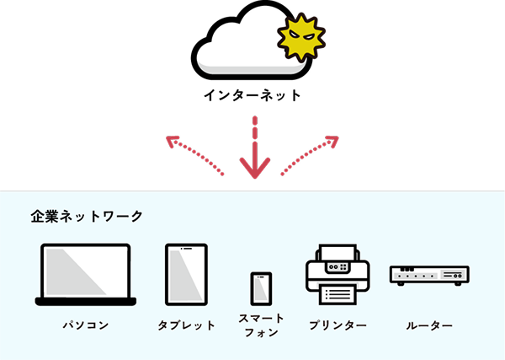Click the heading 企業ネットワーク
(x=87, y=216)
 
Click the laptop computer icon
(x=86, y=275)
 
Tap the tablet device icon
(x=186, y=275)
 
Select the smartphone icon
(x=261, y=289)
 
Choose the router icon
(x=429, y=275)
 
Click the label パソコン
(x=86, y=325)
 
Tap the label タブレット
(x=186, y=325)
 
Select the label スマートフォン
(x=261, y=325)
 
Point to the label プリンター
(x=338, y=325)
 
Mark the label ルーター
(x=429, y=325)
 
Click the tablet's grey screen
(x=186, y=274)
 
